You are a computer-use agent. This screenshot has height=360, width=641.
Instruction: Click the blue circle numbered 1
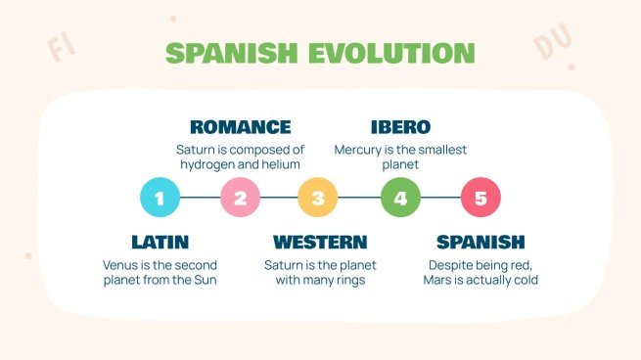pyautogui.click(x=160, y=197)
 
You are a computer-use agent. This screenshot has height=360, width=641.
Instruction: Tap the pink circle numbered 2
pyautogui.click(x=240, y=197)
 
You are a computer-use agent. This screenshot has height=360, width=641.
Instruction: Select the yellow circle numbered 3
pyautogui.click(x=318, y=197)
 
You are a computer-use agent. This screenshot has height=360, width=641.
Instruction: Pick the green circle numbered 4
pyautogui.click(x=400, y=197)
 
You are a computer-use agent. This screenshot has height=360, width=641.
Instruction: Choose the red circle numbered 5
pyautogui.click(x=481, y=197)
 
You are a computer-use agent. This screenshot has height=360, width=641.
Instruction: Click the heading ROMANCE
pyautogui.click(x=240, y=127)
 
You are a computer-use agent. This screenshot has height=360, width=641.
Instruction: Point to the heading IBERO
pyautogui.click(x=400, y=127)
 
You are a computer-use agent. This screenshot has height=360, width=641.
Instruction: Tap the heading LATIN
pyautogui.click(x=160, y=242)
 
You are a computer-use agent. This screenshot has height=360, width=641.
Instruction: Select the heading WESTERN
pyautogui.click(x=320, y=242)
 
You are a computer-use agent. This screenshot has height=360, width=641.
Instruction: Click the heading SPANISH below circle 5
pyautogui.click(x=481, y=242)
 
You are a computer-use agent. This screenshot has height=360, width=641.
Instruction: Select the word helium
pyautogui.click(x=280, y=165)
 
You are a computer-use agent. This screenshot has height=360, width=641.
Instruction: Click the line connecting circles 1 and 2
pyautogui.click(x=200, y=197)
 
